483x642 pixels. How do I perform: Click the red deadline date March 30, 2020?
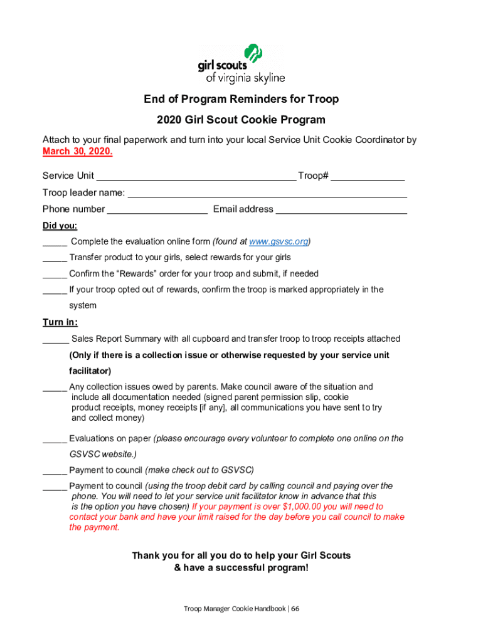[78, 152]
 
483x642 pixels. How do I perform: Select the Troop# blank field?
[368, 177]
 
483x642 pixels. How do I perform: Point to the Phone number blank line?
[157, 210]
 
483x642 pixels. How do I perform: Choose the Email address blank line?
[341, 210]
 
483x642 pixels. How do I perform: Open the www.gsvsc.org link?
[279, 241]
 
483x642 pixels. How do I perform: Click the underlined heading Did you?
[60, 226]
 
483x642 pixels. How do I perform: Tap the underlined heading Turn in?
[60, 322]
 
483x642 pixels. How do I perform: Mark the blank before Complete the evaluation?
[55, 242]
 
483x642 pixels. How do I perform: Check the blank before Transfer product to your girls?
[55, 258]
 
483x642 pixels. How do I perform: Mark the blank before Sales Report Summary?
[56, 340]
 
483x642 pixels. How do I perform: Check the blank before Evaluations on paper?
[55, 439]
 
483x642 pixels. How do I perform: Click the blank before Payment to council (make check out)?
[55, 471]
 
